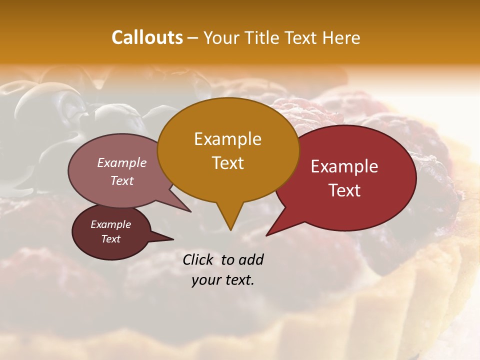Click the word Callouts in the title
[147, 37]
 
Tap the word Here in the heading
[341, 37]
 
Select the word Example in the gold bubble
[227, 139]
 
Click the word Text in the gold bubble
[227, 163]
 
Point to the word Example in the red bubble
[344, 166]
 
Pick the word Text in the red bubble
[344, 190]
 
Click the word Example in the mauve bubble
[122, 163]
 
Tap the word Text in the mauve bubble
[122, 181]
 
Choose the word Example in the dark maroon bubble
[110, 224]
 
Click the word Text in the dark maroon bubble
[110, 239]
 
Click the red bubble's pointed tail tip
[266, 235]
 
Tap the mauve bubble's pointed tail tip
[190, 211]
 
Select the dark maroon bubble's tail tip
[173, 239]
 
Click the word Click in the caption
[198, 259]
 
